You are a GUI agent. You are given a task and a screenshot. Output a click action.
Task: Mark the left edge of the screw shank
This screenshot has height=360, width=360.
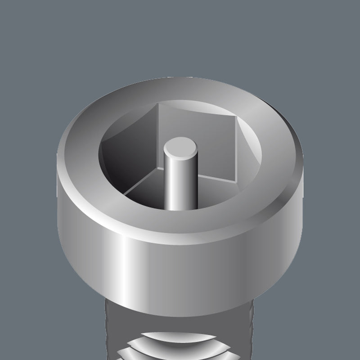point(108,324)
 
